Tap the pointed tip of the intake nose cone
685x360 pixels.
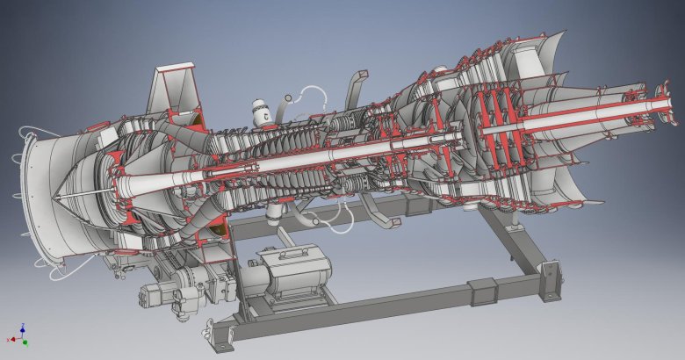click(54, 199)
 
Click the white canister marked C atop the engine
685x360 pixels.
click(260, 112)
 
